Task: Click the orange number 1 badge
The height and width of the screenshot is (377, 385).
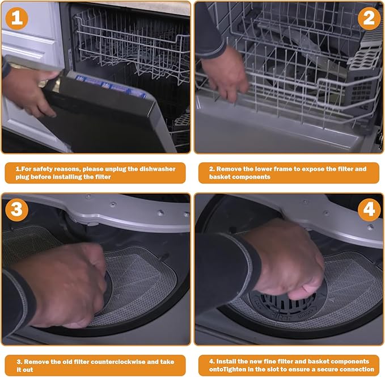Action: (x=16, y=18)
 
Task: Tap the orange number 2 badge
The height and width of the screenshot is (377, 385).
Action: (x=369, y=18)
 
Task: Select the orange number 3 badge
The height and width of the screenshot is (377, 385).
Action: (x=16, y=210)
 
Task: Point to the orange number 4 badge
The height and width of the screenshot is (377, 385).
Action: (x=369, y=210)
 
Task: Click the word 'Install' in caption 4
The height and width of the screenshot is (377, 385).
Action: (x=226, y=362)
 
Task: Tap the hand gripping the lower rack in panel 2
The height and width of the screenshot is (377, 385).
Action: (x=225, y=74)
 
